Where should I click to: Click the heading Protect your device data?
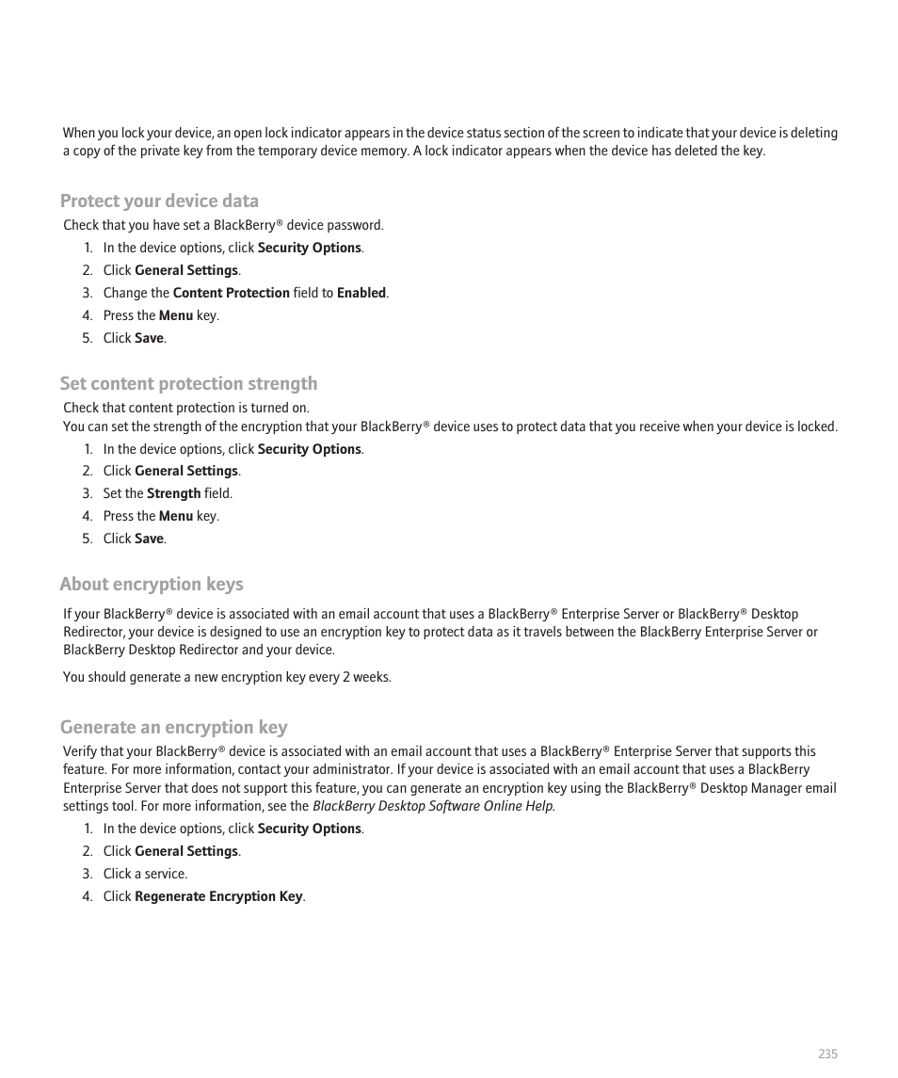coord(159,201)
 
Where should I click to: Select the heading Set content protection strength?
coord(188,383)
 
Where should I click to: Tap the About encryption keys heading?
coord(152,584)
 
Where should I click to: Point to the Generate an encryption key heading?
coord(174,727)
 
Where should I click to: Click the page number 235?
coord(826,1054)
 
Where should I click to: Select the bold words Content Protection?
coord(231,293)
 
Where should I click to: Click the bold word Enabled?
coord(361,293)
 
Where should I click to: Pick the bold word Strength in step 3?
coord(173,493)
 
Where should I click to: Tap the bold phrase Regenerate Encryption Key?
coord(218,896)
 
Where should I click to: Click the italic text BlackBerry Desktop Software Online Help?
coord(433,806)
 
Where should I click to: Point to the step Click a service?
coord(145,874)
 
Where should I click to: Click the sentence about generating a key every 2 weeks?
coord(227,677)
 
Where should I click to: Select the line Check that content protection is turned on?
coord(186,408)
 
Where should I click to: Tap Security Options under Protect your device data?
coord(309,248)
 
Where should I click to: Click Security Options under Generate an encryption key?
coord(309,829)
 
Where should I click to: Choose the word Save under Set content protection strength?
coord(149,539)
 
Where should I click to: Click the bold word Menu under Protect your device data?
coord(175,315)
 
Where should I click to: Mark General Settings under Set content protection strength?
coord(186,471)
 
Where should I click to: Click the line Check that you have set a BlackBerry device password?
coord(223,225)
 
